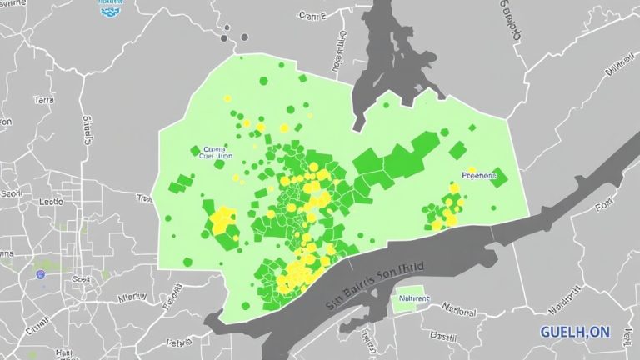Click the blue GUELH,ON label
tap(575, 332)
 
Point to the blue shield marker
tap(40, 272)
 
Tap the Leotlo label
tap(51, 202)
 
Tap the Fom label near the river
tap(605, 205)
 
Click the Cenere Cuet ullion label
tap(213, 152)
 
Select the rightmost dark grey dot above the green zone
tap(244, 37)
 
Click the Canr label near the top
tap(312, 15)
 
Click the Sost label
tap(81, 278)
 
